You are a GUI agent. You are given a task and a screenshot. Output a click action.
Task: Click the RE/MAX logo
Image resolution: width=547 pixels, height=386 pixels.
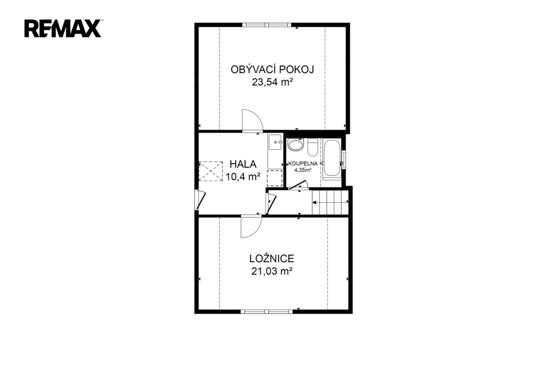point(63,28)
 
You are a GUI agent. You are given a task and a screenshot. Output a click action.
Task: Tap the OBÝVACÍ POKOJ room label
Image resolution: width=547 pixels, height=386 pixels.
point(272,69)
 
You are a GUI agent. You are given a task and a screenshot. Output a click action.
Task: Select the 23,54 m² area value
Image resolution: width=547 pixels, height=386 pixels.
point(272,82)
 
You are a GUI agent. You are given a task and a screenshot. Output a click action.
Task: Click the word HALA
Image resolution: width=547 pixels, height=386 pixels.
point(243,164)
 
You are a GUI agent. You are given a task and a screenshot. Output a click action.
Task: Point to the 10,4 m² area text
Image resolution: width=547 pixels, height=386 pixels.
point(243,177)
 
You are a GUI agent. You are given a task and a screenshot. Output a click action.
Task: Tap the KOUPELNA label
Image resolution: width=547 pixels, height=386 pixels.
point(303,163)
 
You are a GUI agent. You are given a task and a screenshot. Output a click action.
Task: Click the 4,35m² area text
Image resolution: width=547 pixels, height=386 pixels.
point(303,170)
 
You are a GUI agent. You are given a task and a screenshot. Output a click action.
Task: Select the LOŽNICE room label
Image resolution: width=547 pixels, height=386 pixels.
point(272,258)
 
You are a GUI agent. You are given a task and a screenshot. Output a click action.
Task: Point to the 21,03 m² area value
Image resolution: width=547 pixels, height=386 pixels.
point(272,271)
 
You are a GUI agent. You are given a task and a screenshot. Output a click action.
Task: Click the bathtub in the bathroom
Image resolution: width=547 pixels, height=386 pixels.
point(332,159)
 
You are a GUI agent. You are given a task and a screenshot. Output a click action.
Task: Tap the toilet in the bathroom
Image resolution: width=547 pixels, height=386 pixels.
point(312,147)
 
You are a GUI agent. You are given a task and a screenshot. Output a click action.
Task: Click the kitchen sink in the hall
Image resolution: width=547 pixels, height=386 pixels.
point(276,142)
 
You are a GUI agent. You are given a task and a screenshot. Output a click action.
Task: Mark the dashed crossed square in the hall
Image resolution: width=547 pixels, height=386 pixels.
point(210,171)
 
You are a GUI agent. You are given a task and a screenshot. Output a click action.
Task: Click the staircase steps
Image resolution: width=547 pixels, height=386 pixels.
point(330,202)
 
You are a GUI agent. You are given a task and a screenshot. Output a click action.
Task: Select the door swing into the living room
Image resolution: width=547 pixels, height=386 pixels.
point(252,120)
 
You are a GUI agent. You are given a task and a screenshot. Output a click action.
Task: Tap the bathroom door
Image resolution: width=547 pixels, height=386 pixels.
point(299,185)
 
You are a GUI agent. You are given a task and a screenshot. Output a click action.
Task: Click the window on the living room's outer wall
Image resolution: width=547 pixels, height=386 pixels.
point(267,25)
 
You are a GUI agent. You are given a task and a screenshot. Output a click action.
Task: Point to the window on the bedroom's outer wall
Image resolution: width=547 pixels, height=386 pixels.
point(267,311)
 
